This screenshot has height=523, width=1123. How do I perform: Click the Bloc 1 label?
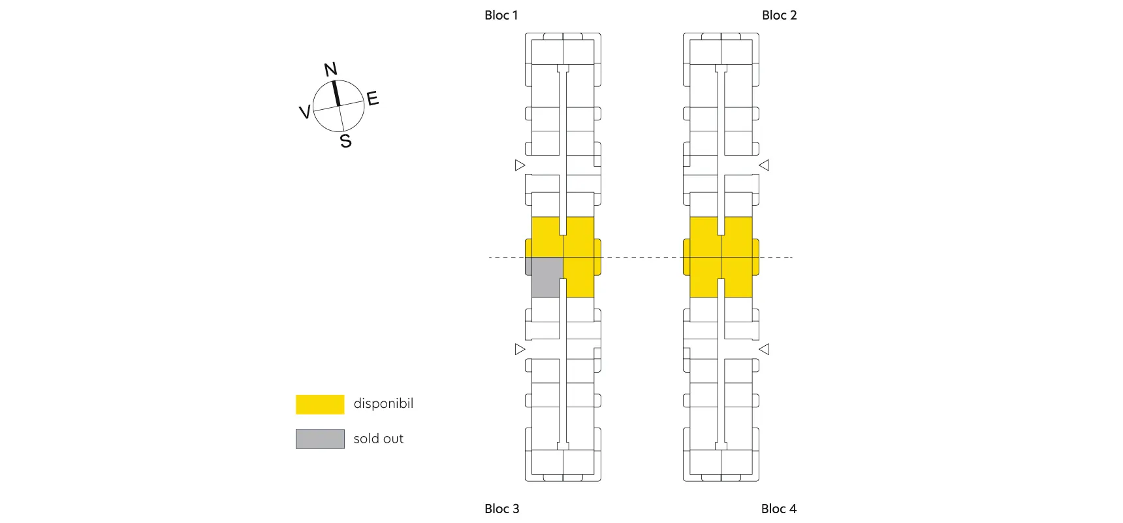(x=501, y=15)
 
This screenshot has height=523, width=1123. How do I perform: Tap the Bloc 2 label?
(x=779, y=15)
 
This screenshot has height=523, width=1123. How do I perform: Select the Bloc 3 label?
(x=501, y=509)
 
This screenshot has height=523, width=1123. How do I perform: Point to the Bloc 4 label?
(x=778, y=509)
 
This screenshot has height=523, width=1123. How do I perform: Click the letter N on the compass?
(x=331, y=69)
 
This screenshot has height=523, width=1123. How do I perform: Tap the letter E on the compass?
(x=373, y=99)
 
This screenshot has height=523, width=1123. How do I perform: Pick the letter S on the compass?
(x=346, y=141)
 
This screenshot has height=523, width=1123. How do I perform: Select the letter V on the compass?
(x=304, y=112)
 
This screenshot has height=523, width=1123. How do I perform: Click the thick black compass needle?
(x=336, y=93)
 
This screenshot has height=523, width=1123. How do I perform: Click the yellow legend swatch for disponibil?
(x=320, y=404)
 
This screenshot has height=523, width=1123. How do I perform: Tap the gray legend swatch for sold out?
(x=320, y=439)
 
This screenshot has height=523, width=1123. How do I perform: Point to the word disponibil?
(x=383, y=403)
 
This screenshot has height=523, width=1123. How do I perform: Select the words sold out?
(x=379, y=439)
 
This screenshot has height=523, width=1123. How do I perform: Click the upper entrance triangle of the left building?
(x=520, y=165)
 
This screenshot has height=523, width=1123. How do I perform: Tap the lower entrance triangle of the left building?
(x=520, y=349)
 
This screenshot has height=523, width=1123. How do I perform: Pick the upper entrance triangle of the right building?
(x=764, y=165)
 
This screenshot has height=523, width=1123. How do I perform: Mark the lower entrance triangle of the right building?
(x=764, y=349)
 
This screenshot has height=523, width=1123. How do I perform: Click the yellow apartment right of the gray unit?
(x=580, y=277)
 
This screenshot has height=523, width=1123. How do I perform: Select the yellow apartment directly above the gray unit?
(x=546, y=237)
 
